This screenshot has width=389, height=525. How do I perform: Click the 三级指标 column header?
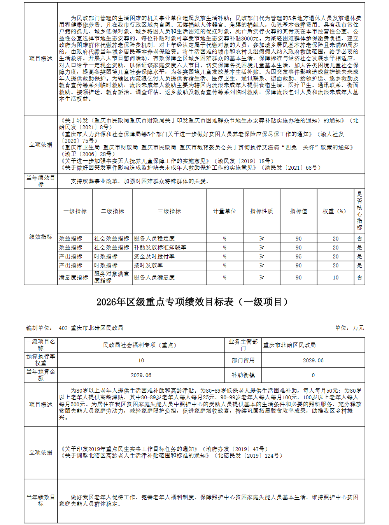point(169,211)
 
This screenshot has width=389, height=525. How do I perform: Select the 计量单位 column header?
point(224,211)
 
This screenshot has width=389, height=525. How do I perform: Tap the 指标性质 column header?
point(261,211)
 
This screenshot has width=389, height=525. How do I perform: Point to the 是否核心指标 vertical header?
point(359,211)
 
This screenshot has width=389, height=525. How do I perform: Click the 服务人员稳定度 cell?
point(154,239)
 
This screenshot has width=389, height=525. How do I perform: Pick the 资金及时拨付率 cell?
point(154,256)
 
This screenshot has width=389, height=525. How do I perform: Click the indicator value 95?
point(298,256)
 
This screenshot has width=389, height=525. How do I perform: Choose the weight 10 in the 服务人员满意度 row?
point(335,277)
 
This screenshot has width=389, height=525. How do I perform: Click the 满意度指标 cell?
point(74,277)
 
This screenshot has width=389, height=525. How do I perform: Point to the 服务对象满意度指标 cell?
point(112,277)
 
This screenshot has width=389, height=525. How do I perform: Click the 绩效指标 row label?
point(40,237)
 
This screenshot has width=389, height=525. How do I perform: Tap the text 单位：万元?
point(349,328)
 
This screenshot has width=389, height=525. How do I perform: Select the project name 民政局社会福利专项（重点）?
point(141,345)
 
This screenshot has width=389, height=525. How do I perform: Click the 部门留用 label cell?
point(243,360)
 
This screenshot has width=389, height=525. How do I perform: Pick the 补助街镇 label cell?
point(243,375)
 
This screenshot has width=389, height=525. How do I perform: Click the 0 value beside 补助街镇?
point(313,375)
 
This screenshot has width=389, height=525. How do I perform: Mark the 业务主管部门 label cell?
point(243,345)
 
